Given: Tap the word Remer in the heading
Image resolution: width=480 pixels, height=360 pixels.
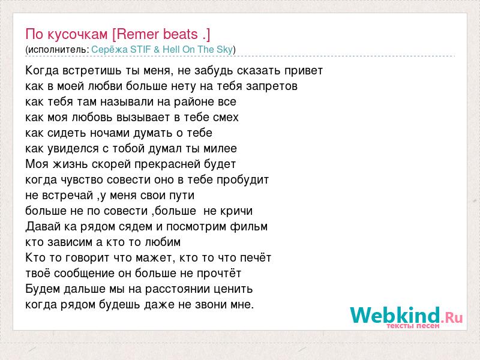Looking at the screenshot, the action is pos(136,34).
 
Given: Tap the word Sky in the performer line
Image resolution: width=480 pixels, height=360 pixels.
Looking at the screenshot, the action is pos(225,49).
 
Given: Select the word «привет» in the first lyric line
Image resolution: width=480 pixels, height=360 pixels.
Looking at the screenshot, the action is pos(304,71).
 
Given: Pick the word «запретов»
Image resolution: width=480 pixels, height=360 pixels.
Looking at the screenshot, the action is pos(272,86).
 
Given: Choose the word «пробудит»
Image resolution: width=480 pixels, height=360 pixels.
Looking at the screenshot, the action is pos(242,179).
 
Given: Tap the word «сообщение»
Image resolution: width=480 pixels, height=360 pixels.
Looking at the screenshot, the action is pos(84,274).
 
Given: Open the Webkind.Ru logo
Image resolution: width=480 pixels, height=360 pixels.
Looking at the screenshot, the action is pos(406,316).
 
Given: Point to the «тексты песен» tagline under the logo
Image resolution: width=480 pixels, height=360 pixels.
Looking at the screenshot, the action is pos(413,326).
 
